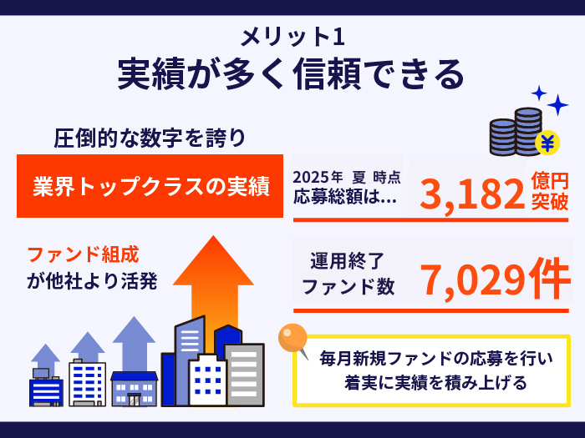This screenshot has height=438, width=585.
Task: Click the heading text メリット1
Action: click(x=292, y=37)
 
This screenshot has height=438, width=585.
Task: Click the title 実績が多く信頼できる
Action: click(x=291, y=73)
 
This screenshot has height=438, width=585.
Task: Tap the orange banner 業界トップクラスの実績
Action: click(x=150, y=186)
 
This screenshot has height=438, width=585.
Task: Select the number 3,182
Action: click(x=472, y=194)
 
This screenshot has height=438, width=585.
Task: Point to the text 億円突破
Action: click(x=550, y=191)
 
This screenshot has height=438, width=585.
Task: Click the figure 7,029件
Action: click(x=496, y=279)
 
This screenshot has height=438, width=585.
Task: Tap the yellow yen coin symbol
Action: click(x=547, y=143)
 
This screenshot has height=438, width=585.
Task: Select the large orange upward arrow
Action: click(x=213, y=287)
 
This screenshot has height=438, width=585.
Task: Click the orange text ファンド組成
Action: click(x=84, y=254)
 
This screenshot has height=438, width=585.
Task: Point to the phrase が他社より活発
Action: click(x=92, y=281)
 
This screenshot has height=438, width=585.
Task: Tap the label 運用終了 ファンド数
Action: click(x=348, y=274)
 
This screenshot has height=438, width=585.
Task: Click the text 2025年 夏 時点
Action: click(x=347, y=177)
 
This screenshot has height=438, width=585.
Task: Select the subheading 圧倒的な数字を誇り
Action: click(x=150, y=138)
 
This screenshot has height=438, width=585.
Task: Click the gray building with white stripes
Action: click(x=245, y=375)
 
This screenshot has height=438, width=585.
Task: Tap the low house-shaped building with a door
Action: click(x=135, y=389)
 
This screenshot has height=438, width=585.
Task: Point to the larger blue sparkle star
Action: click(x=557, y=105)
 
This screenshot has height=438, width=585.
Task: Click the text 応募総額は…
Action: click(x=345, y=197)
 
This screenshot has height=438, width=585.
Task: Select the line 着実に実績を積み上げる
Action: click(x=435, y=382)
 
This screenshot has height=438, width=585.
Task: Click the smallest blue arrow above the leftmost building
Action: click(x=45, y=360)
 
